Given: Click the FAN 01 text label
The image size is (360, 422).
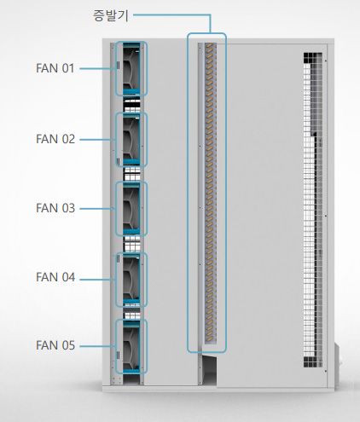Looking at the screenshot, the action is tap(55, 68).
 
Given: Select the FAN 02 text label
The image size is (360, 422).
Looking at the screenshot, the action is tap(55, 139).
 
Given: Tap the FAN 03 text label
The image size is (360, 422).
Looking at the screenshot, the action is tap(55, 208).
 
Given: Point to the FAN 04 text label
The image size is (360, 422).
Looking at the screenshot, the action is tap(55, 277).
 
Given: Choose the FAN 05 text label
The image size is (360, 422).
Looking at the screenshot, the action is tap(55, 345).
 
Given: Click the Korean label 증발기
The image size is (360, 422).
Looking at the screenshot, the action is tap(111, 15).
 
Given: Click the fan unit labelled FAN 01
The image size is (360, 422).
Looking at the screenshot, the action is tap(131, 69).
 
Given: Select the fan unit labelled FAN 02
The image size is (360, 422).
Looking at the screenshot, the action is tap(131, 140).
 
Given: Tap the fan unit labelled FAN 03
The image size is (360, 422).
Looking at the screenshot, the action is tap(131, 209).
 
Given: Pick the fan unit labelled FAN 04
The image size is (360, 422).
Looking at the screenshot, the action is tap(131, 280).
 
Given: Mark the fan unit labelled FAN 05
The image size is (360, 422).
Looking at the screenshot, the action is tap(131, 346).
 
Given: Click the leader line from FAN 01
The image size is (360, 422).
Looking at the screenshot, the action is tap(97, 68).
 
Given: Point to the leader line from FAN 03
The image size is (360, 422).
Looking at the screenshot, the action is tap(97, 209).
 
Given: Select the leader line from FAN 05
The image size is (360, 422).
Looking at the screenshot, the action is tap(97, 346).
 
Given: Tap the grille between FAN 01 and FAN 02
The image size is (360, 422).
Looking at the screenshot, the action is tap(131, 104).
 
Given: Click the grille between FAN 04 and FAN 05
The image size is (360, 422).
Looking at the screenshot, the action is tap(131, 314).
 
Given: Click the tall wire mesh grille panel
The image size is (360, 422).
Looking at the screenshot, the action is tap(313, 210).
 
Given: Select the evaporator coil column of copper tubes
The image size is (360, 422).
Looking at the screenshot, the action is tap(211, 193).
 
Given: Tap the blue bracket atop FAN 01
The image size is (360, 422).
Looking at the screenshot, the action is tap(131, 45).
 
